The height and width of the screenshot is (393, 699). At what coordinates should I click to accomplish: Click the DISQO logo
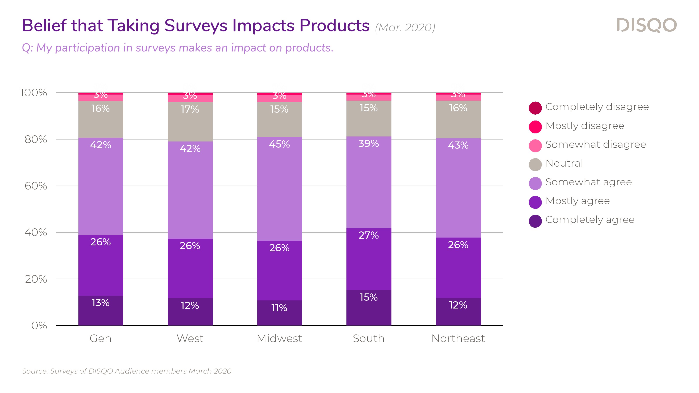646,25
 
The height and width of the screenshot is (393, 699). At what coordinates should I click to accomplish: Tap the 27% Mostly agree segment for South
369,259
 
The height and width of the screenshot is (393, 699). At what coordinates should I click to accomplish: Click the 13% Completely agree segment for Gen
101,310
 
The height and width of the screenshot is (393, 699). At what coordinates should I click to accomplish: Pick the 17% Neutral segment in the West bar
190,122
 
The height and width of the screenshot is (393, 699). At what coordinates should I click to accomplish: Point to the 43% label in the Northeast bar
458,145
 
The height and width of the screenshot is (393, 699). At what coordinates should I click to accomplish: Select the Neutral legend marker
535,164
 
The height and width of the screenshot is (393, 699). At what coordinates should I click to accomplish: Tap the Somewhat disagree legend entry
587,145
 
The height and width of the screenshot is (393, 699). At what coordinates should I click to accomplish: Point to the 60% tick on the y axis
36,186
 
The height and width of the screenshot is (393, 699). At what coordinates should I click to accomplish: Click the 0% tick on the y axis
39,326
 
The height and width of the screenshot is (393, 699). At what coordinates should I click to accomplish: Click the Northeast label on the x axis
458,338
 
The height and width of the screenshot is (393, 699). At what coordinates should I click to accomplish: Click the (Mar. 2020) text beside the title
405,28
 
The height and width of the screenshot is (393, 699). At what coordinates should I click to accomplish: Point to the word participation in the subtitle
87,48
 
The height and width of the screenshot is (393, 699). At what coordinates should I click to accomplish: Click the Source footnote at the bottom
126,371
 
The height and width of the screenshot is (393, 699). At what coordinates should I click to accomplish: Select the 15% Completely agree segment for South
369,308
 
